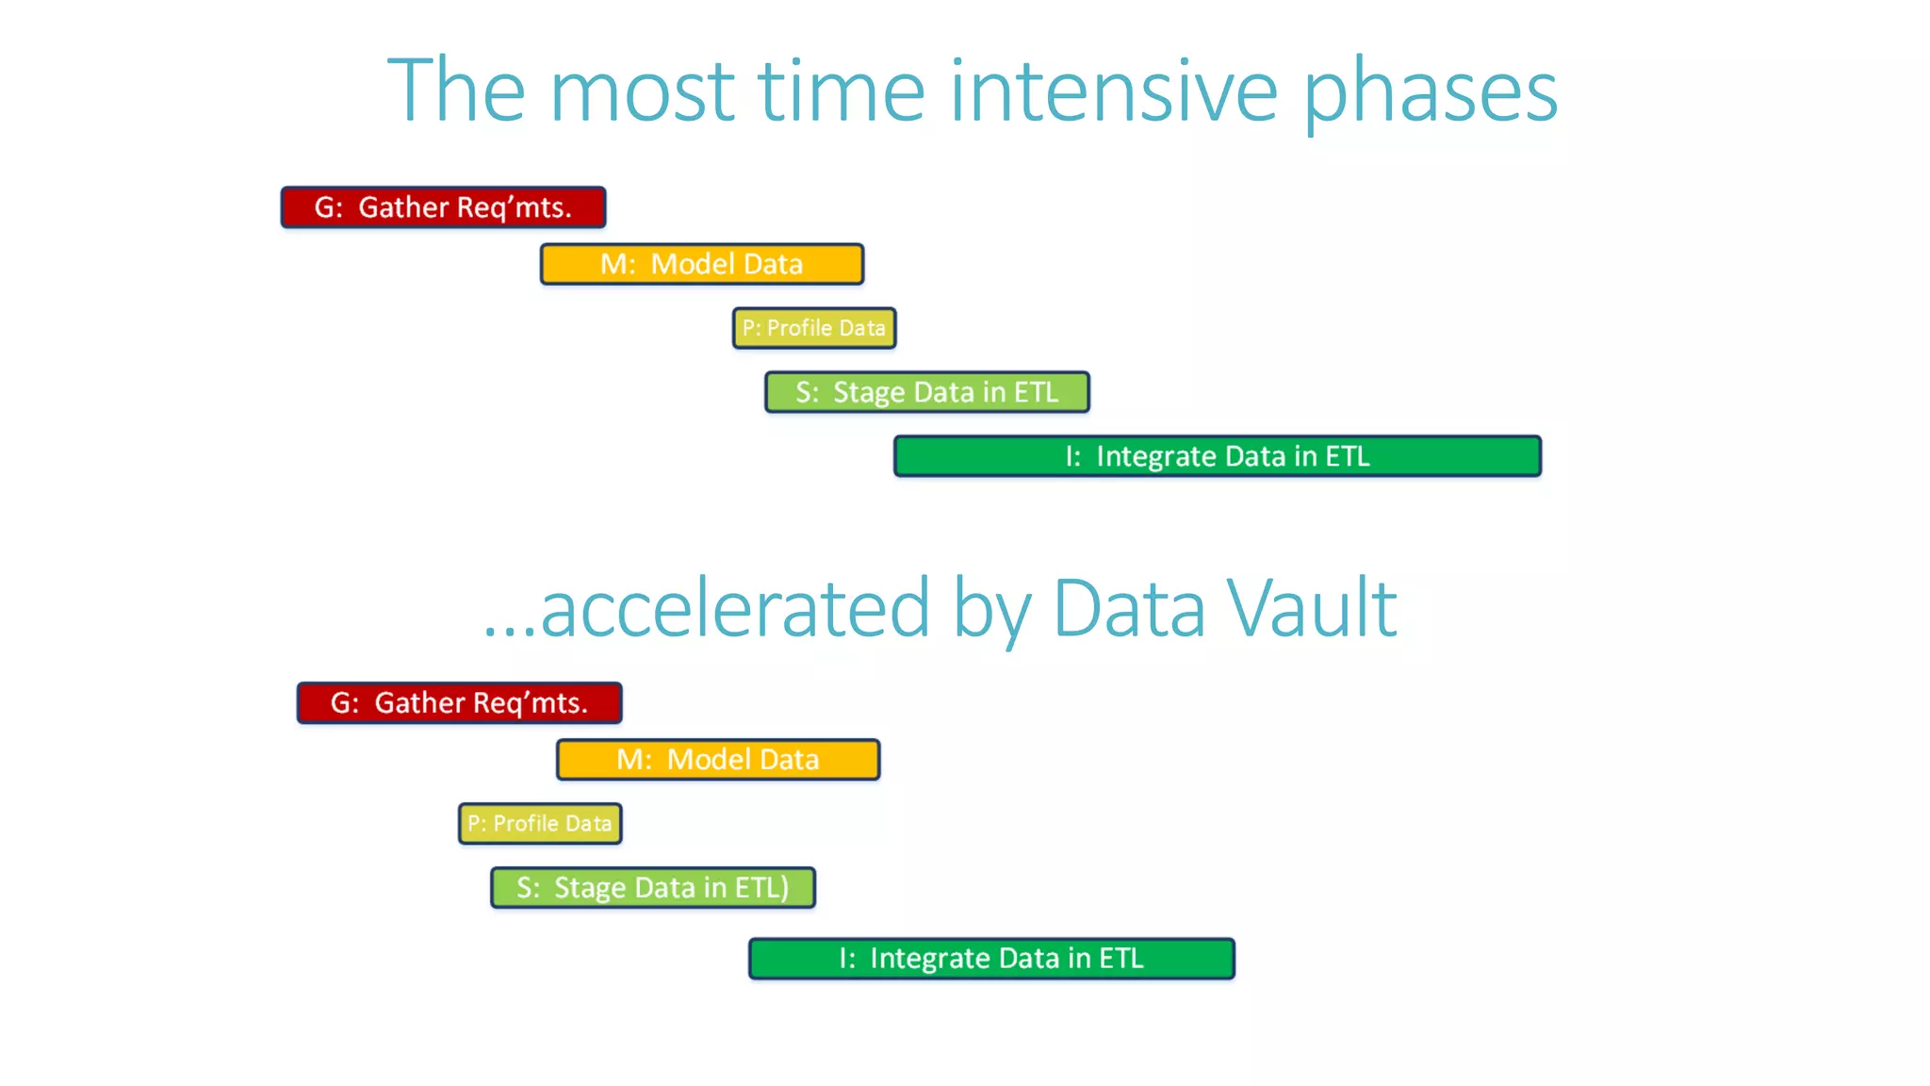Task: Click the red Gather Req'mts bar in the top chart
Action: click(443, 207)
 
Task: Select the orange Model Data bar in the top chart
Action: click(701, 264)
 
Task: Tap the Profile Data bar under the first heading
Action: click(814, 328)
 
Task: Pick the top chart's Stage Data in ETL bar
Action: click(926, 392)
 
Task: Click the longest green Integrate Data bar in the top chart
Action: click(1217, 456)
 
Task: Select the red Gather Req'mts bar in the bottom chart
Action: click(459, 703)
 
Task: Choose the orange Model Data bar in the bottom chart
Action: click(717, 760)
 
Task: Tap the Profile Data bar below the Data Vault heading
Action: click(540, 824)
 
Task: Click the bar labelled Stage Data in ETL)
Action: click(652, 888)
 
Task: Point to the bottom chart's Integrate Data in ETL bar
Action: click(991, 959)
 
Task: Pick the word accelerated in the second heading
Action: click(735, 609)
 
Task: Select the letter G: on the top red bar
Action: click(329, 208)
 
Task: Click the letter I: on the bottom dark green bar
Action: click(847, 959)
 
